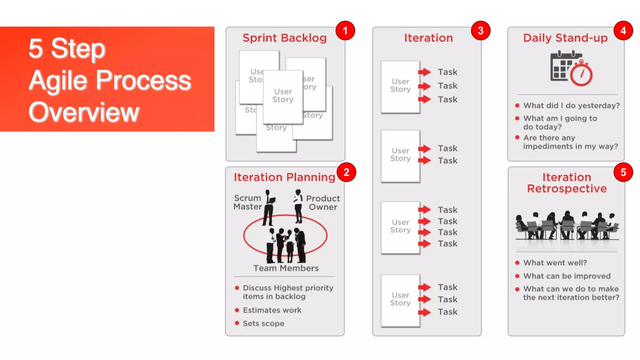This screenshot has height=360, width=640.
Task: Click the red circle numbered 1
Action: click(345, 31)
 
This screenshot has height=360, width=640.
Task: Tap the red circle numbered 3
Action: click(481, 31)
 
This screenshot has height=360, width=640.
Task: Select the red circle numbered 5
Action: click(623, 172)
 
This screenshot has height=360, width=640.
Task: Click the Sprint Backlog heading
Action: click(284, 38)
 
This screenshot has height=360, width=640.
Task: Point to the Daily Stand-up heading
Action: click(565, 38)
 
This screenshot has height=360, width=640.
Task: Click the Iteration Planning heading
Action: click(284, 177)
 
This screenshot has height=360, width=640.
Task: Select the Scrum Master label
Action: click(247, 202)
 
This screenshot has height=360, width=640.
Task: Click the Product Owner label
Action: click(323, 202)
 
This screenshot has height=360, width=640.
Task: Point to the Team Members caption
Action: click(286, 268)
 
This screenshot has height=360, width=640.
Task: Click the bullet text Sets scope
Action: click(263, 323)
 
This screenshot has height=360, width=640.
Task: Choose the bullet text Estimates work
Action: click(272, 310)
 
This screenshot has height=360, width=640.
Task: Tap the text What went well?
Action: click(555, 263)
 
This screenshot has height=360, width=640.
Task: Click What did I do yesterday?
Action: click(571, 106)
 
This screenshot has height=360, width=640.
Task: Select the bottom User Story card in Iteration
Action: click(400, 300)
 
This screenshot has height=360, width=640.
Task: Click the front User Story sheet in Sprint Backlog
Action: click(283, 97)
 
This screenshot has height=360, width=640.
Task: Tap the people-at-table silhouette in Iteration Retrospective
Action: click(567, 227)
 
